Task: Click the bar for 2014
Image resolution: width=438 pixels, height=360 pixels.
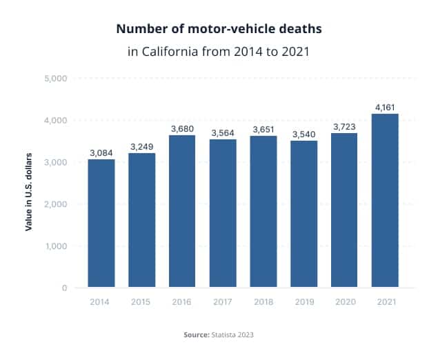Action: click(101, 223)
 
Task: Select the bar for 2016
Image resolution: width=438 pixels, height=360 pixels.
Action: click(182, 210)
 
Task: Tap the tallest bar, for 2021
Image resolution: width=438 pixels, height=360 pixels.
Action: click(385, 200)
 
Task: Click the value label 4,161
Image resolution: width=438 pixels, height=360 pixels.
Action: click(385, 107)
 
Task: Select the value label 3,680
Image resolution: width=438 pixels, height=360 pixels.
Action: click(182, 128)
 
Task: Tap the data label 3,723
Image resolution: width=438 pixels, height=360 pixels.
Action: click(344, 126)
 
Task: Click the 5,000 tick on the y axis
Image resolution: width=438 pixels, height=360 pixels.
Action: click(54, 79)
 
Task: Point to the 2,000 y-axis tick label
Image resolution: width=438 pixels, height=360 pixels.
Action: click(54, 204)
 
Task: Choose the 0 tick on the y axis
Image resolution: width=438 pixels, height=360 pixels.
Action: click(63, 288)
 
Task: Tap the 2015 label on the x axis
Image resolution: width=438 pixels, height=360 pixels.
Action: click(141, 303)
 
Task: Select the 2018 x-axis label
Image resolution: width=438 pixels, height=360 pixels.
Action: click(263, 303)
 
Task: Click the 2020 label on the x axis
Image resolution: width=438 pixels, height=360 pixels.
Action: click(344, 303)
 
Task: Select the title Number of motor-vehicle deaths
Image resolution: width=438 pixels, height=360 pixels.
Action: click(219, 30)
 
